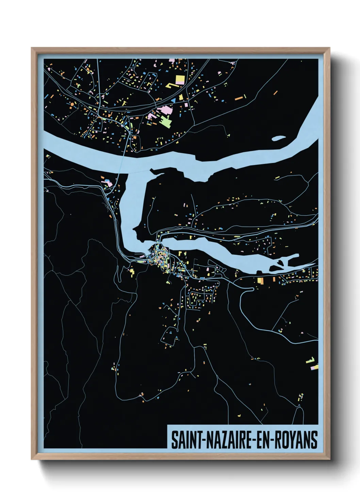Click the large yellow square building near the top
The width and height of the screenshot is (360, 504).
coord(180,80)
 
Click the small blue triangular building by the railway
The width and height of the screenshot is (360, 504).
coord(173,100)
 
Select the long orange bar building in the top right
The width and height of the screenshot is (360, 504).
coord(239,98)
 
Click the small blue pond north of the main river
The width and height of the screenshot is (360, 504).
coord(279,138)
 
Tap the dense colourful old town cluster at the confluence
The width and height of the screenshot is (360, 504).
coord(160,257)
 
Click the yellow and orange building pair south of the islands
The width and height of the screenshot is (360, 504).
coord(261,281)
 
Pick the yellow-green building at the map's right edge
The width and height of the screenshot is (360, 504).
coord(311,360)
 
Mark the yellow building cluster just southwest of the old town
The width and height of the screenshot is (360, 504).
coord(132,271)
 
